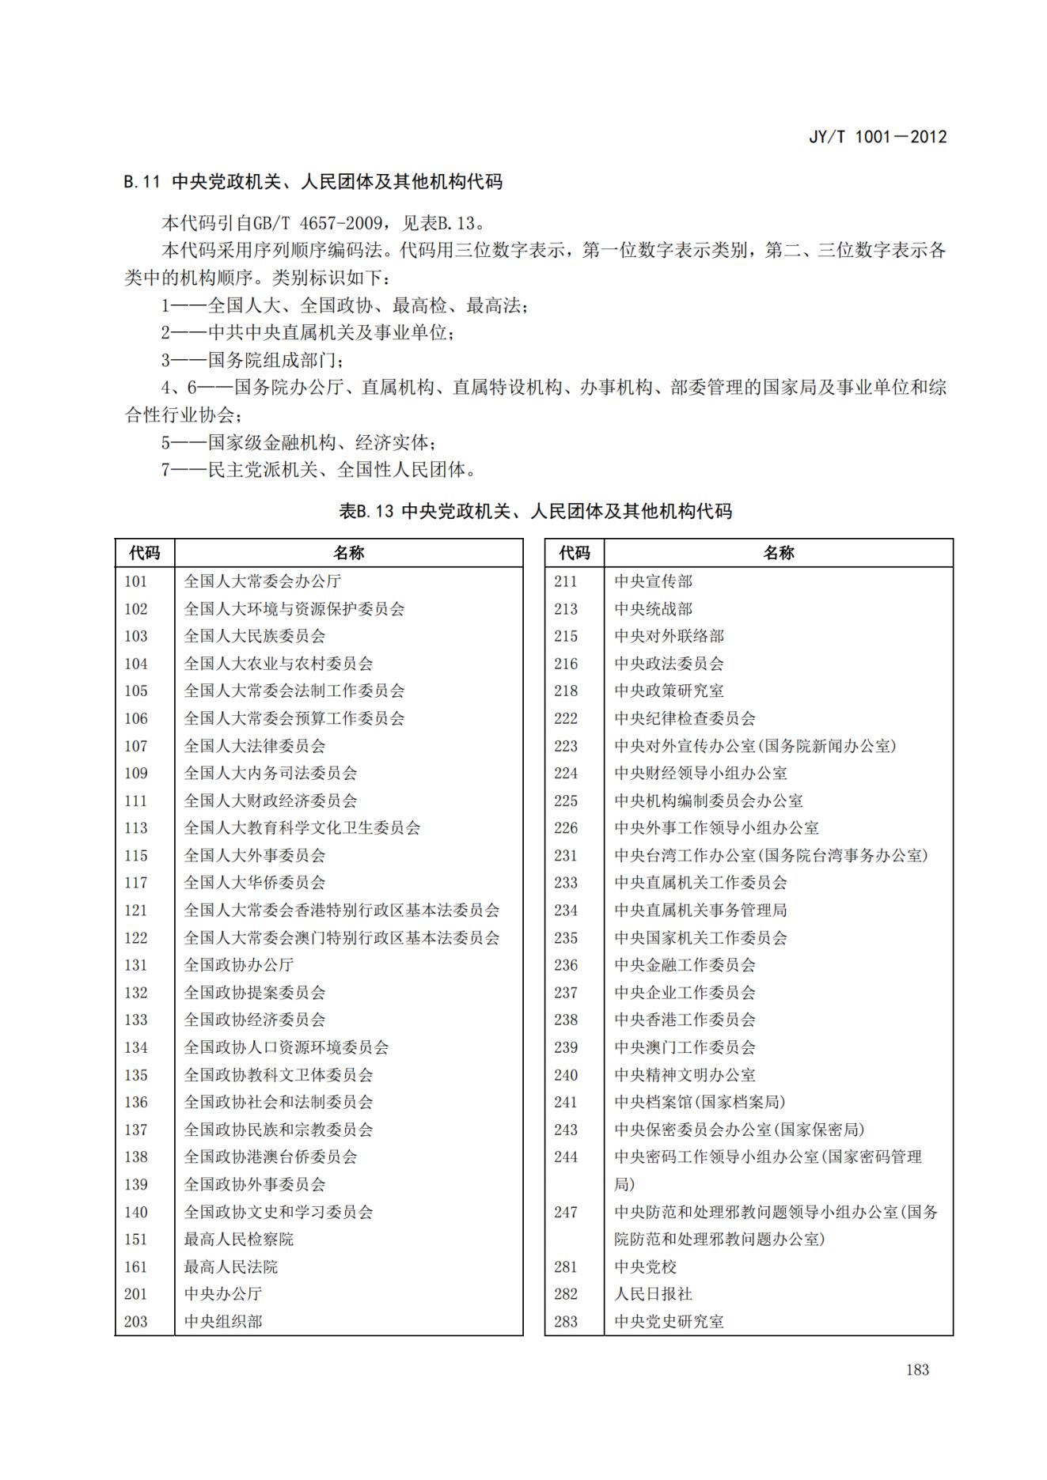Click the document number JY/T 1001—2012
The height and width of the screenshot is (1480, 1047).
tap(877, 137)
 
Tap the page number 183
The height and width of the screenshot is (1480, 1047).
tap(917, 1369)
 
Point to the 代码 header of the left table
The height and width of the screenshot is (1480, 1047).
tap(145, 553)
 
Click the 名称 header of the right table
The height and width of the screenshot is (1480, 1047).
tap(778, 553)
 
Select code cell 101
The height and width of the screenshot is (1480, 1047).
tap(136, 581)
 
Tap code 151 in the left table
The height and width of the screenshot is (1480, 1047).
tap(136, 1240)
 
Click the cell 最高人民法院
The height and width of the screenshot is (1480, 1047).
tap(231, 1267)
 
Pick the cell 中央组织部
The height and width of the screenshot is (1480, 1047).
tap(223, 1322)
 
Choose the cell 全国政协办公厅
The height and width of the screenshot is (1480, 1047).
tap(239, 965)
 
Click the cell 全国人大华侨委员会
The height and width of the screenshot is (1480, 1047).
tap(255, 883)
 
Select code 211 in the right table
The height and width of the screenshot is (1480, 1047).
tap(566, 581)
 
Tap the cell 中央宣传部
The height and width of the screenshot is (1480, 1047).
tap(653, 581)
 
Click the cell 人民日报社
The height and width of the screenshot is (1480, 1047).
tap(653, 1294)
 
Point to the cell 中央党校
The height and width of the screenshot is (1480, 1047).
tap(645, 1267)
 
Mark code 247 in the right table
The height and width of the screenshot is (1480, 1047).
tap(566, 1212)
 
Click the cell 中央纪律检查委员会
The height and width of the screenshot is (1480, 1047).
tap(685, 718)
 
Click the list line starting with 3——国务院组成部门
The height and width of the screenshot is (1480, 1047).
tap(252, 361)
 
